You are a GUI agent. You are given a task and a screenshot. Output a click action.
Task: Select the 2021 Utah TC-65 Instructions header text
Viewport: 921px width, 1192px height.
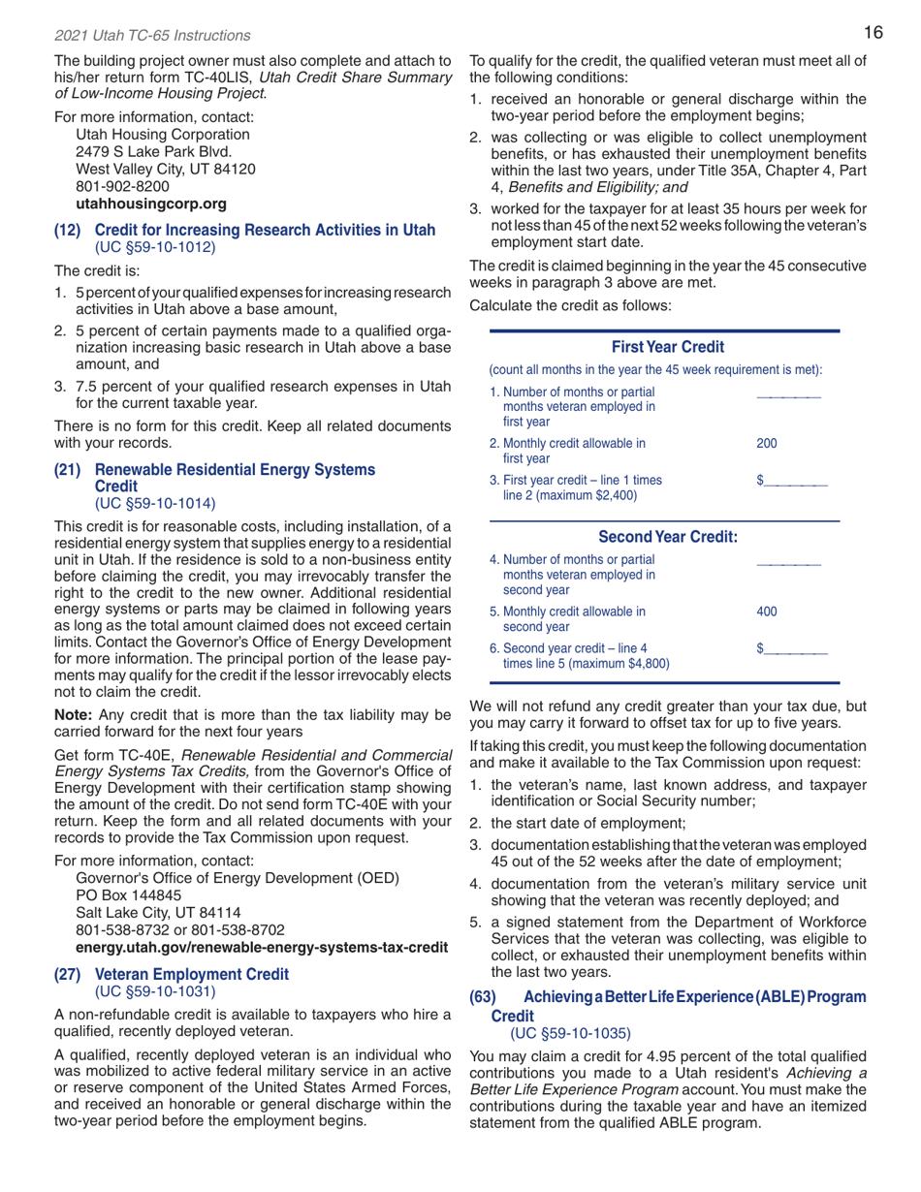[x=138, y=36]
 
